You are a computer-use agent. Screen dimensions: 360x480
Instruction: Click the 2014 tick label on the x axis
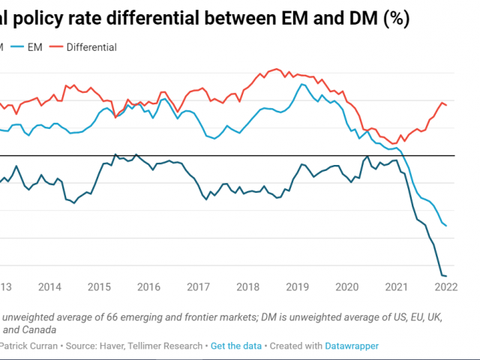pyautogui.click(x=49, y=286)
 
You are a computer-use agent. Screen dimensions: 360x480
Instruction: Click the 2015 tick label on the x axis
pyautogui.click(x=99, y=286)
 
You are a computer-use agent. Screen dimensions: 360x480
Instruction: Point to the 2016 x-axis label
pyautogui.click(x=148, y=286)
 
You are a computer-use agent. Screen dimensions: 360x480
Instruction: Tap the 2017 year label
pyautogui.click(x=198, y=286)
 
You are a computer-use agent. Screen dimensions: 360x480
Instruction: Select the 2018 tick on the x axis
pyautogui.click(x=247, y=286)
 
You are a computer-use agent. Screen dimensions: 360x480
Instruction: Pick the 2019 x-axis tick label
pyautogui.click(x=297, y=286)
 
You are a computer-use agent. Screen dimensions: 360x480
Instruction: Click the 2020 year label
pyautogui.click(x=347, y=286)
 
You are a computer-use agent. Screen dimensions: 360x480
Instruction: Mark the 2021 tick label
pyautogui.click(x=397, y=286)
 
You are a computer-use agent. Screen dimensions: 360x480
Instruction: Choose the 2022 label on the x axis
pyautogui.click(x=445, y=286)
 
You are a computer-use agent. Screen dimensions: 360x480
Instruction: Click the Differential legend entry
pyautogui.click(x=91, y=47)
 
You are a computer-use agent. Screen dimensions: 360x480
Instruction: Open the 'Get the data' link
pyautogui.click(x=236, y=346)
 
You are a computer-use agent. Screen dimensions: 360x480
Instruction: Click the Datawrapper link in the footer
pyautogui.click(x=352, y=346)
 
